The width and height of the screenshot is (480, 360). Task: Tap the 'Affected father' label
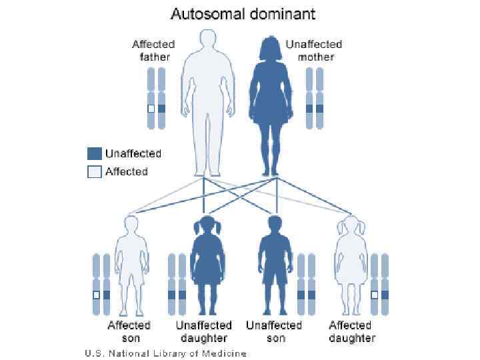tap(153, 51)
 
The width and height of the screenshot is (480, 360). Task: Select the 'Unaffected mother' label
tap(313, 51)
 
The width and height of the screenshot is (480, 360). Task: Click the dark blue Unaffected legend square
tap(94, 153)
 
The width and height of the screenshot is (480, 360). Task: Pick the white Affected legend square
tap(94, 171)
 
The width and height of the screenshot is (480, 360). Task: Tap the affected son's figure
tap(129, 267)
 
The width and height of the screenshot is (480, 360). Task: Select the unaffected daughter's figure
tap(204, 267)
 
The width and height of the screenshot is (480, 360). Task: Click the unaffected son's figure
tap(273, 267)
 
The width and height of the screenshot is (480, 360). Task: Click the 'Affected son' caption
tap(129, 331)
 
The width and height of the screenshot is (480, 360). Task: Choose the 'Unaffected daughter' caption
tap(204, 331)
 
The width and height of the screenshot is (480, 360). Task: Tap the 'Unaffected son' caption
tap(274, 331)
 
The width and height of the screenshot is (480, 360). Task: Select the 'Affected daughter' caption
tap(351, 331)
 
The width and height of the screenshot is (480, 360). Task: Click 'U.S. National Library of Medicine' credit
tap(165, 353)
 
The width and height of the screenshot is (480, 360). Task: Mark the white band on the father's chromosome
tap(151, 108)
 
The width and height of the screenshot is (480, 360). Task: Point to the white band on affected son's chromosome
tap(96, 294)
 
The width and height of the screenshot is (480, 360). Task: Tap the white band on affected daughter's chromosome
tap(375, 294)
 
